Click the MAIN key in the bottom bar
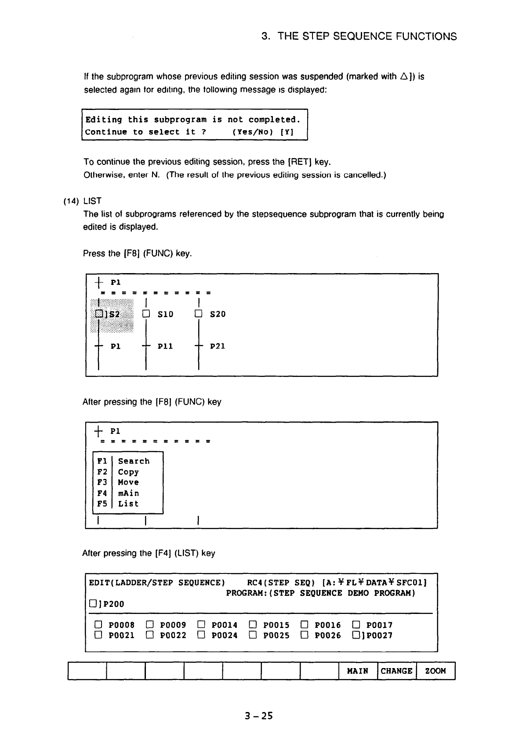tap(358, 671)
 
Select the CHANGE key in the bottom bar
tap(396, 671)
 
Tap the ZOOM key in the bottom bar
tap(436, 671)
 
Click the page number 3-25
tap(259, 716)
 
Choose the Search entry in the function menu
tap(134, 461)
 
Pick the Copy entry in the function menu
tap(128, 472)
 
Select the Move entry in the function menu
tap(128, 482)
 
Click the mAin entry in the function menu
tap(128, 493)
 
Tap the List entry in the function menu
tap(128, 504)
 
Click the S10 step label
tap(165, 314)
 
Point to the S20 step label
tap(218, 314)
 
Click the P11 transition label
tap(165, 346)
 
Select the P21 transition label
tap(218, 346)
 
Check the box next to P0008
tap(98, 625)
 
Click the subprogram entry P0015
tap(276, 625)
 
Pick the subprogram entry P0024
tap(225, 635)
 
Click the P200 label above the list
tap(113, 604)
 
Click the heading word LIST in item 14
tap(92, 201)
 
